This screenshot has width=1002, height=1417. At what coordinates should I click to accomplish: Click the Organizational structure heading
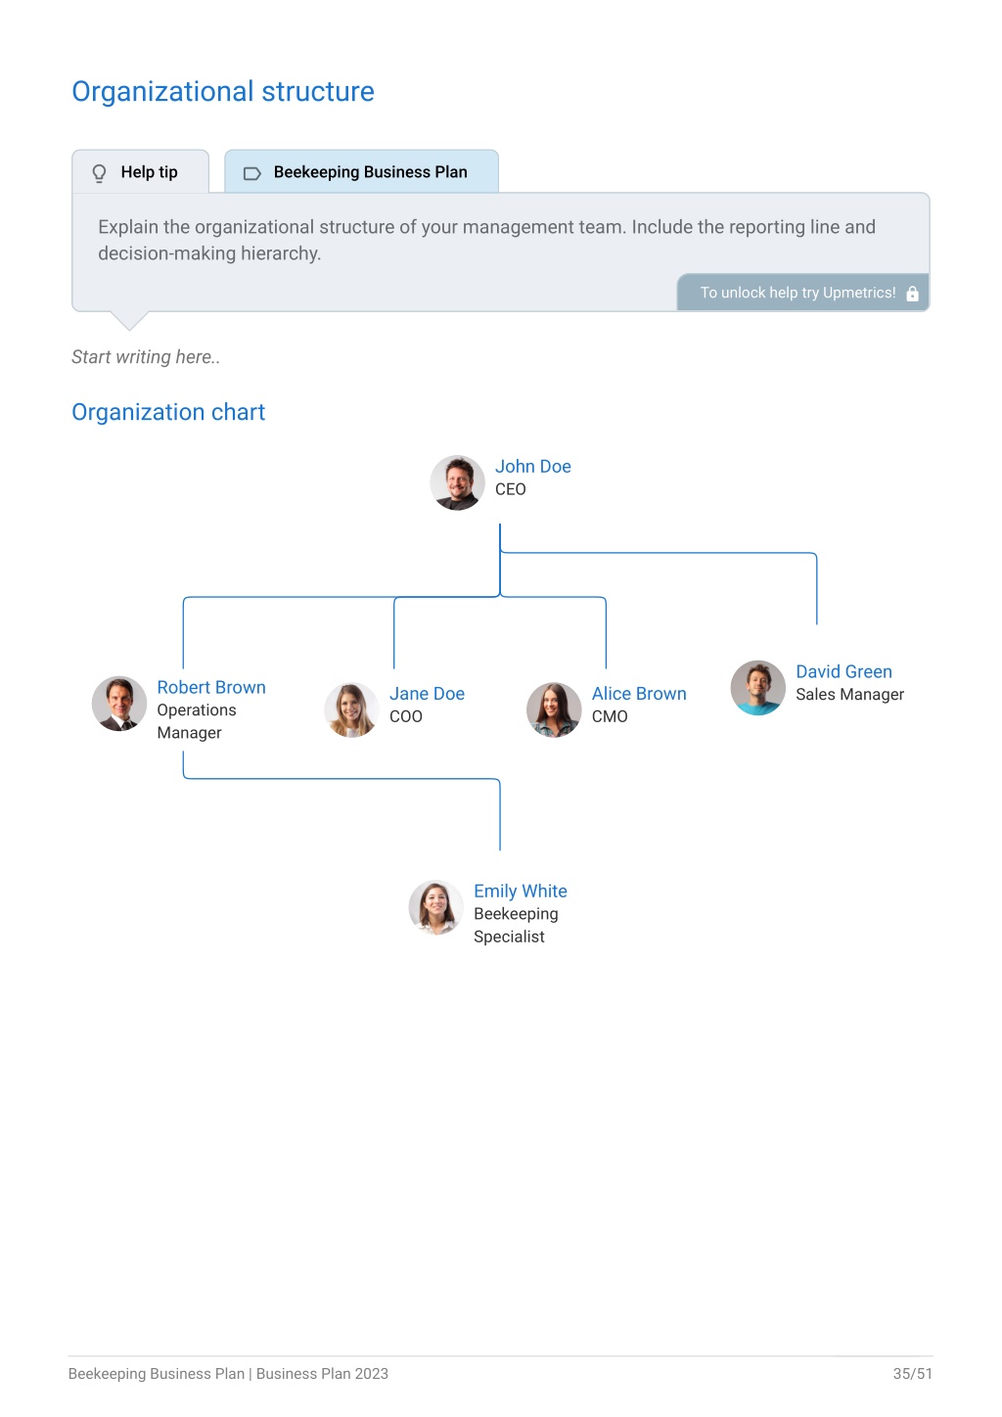coord(223,92)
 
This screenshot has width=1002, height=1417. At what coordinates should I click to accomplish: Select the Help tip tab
coord(141,171)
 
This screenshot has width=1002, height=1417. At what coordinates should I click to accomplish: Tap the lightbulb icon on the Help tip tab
coord(99,172)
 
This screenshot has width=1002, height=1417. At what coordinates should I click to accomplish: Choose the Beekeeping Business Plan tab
coord(361,171)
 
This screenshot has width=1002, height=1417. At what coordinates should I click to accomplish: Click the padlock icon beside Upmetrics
coord(912,293)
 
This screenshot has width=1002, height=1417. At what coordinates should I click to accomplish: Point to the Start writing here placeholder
coord(146,357)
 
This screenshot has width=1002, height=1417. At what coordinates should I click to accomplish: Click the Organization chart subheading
coord(168,412)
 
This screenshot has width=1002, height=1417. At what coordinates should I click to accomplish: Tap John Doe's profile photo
coord(457,482)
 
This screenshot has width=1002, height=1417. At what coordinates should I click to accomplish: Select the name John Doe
coord(532,466)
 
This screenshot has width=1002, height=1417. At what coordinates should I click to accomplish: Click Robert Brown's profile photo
coord(119,704)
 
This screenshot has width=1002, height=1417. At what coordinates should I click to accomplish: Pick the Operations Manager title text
coord(196,721)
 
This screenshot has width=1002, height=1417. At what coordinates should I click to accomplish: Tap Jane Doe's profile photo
coord(351,709)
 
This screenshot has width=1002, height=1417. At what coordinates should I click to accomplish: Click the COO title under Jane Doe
coord(405,716)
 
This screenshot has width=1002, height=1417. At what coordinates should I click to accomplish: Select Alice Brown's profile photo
coord(554,709)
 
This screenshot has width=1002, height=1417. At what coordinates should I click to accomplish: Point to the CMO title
coord(610,716)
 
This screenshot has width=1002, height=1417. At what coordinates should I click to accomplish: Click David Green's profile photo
coord(757,688)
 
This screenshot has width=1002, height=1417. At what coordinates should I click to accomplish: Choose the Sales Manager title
coord(849,695)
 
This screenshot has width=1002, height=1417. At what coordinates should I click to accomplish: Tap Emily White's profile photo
coord(435,907)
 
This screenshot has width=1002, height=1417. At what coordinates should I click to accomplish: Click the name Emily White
coord(520,891)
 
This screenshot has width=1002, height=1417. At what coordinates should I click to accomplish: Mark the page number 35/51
coord(912,1373)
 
